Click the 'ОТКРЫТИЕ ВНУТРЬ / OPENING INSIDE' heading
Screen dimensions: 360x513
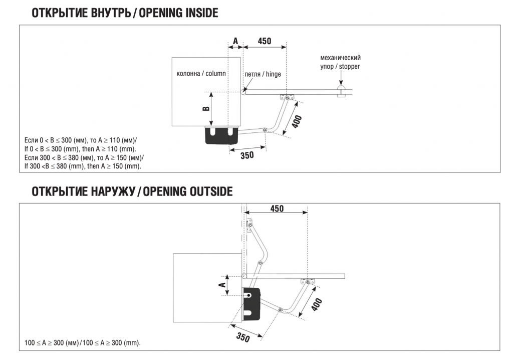tap(125, 13)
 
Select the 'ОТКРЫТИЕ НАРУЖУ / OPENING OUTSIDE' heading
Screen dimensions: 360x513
tap(132, 191)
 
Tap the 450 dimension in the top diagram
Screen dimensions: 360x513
tap(264, 41)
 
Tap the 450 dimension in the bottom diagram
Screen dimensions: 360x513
tap(277, 208)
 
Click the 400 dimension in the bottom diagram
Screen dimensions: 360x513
tap(316, 304)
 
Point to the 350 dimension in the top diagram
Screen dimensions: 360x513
tap(247, 155)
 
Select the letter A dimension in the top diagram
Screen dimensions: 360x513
tap(235, 41)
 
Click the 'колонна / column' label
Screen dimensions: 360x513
tap(201, 74)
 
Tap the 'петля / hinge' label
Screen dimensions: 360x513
tap(263, 74)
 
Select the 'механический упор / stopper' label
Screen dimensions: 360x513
tap(340, 62)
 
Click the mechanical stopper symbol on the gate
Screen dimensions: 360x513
tap(340, 92)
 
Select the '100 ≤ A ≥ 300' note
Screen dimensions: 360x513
tap(83, 343)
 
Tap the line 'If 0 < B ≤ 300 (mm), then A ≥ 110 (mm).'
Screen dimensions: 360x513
tap(80, 149)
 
